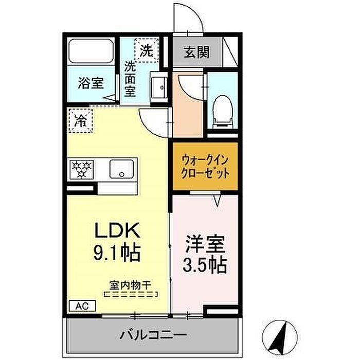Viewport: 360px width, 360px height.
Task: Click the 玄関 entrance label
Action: coord(196,52)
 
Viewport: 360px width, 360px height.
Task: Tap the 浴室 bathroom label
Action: coord(91,83)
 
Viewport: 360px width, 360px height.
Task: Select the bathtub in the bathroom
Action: coord(92,51)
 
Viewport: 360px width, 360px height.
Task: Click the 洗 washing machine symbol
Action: coord(147,50)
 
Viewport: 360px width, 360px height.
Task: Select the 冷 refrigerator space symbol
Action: coord(81,121)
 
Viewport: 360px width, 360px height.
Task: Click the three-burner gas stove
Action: coord(81,169)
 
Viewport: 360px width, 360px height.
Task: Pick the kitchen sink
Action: coord(122,169)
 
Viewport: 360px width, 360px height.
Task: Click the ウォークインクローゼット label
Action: coord(205,167)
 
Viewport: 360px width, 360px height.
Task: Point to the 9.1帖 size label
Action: coord(117,253)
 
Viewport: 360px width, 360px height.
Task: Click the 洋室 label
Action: coord(205,244)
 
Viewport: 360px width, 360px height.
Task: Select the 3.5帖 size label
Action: coord(205,265)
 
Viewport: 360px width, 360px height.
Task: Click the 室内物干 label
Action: coord(130,285)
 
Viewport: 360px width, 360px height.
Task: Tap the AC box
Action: coord(82,306)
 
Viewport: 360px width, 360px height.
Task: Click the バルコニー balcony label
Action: coord(153,335)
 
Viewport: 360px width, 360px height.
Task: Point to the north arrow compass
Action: coord(280,337)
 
